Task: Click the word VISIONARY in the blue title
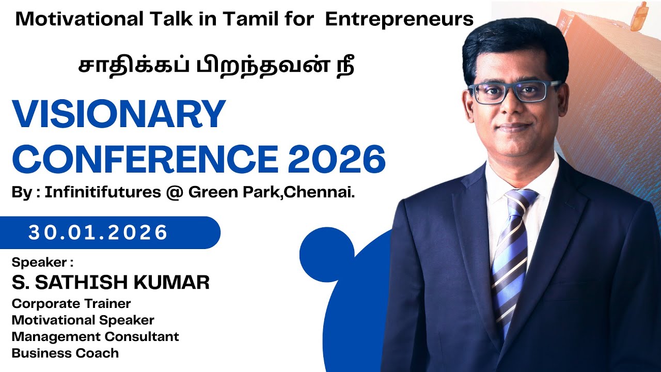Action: click(119, 115)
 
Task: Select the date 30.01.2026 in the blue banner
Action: click(98, 233)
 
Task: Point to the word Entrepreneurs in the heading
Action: click(400, 19)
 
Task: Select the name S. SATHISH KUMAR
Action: click(111, 282)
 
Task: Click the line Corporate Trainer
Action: click(71, 303)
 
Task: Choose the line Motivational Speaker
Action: click(83, 320)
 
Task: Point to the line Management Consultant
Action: click(95, 336)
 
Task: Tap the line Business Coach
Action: click(65, 353)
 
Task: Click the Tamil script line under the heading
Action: click(216, 67)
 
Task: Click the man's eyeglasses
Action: click(509, 92)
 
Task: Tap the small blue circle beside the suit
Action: click(326, 254)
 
